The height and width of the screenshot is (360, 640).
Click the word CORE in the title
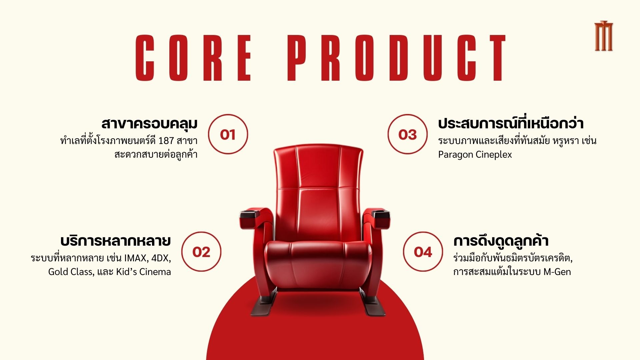(193, 58)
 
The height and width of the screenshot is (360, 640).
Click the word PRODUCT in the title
(397, 58)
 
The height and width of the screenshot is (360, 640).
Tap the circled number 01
(228, 134)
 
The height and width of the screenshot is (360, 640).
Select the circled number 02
(201, 252)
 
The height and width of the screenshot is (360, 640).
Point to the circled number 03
(407, 134)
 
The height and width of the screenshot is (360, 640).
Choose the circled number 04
(423, 252)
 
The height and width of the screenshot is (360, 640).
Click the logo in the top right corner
(604, 36)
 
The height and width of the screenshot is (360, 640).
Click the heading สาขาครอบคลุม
(150, 123)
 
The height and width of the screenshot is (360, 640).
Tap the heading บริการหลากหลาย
(116, 240)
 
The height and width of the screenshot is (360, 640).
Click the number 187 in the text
(166, 141)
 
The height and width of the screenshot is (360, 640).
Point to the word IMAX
(136, 258)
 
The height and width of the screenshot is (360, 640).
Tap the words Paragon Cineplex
(475, 155)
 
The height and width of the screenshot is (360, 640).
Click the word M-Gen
(557, 272)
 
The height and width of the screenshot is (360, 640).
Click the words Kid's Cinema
(143, 272)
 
